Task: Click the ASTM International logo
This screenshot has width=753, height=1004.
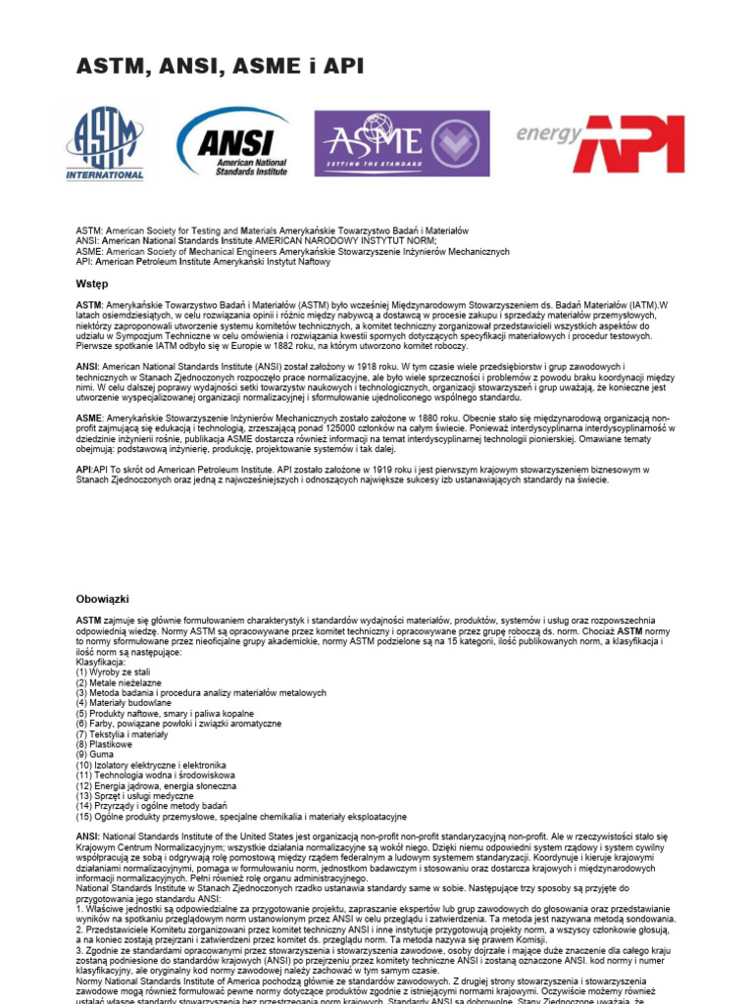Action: (x=105, y=143)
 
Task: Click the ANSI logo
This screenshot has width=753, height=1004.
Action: (x=234, y=143)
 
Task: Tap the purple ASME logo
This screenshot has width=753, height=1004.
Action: (x=401, y=143)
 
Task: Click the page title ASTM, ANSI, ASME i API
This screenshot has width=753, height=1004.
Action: (x=221, y=67)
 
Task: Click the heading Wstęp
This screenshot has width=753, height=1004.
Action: (x=92, y=282)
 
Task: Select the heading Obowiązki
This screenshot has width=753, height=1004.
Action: (x=103, y=598)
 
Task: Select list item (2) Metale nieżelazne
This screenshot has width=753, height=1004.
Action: (x=120, y=682)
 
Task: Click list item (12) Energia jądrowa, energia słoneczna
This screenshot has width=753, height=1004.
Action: (x=157, y=785)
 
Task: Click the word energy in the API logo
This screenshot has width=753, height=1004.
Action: (x=550, y=133)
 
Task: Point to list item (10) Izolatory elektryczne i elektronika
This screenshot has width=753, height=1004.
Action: (x=152, y=765)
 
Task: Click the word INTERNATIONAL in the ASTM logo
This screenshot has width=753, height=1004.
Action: (x=105, y=176)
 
